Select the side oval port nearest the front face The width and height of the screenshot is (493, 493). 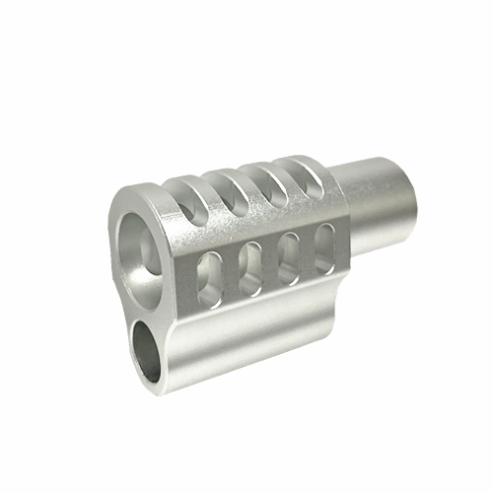click(x=210, y=277)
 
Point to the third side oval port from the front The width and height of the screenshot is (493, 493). click(x=287, y=255)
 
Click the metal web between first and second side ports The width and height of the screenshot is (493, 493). click(x=230, y=272)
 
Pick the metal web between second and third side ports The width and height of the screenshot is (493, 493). click(x=268, y=261)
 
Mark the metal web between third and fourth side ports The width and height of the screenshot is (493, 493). click(x=306, y=250)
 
